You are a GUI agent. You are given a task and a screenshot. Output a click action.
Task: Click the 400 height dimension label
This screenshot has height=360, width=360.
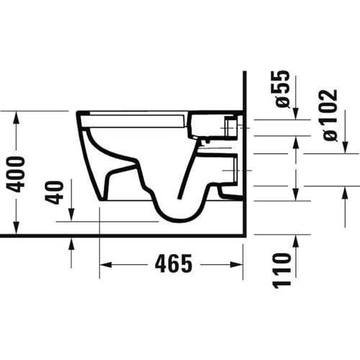(16, 174)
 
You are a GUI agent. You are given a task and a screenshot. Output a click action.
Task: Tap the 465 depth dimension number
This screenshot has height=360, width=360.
(174, 264)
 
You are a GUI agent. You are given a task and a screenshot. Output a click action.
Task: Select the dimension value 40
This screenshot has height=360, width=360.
(55, 192)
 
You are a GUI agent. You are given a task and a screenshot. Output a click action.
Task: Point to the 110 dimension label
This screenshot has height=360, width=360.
(282, 270)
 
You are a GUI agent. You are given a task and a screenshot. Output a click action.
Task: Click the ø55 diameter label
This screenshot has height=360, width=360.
(282, 89)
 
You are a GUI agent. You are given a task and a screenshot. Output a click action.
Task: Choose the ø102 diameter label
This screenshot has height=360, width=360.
(329, 115)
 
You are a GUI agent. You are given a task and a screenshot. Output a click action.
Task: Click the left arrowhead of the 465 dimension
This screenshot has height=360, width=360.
(106, 265)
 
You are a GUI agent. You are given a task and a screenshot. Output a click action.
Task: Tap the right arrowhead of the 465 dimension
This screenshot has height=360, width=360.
(237, 265)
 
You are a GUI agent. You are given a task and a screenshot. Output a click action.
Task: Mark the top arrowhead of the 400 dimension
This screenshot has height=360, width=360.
(16, 117)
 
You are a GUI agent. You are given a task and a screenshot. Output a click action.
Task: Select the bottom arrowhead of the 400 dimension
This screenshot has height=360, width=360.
(16, 228)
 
